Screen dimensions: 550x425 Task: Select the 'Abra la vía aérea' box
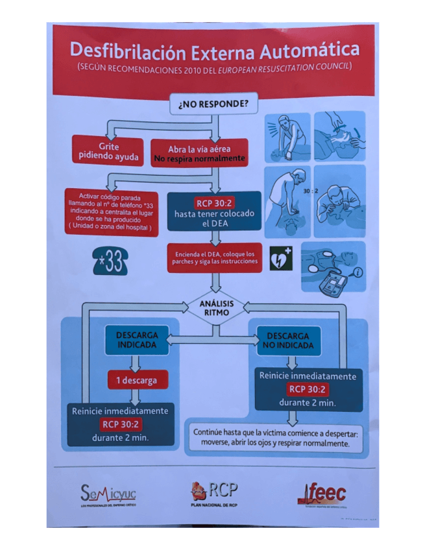[199, 153]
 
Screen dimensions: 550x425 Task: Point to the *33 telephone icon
[110, 261]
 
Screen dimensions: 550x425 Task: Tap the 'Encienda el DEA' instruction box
[214, 257]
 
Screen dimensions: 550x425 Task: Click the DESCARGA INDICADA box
[137, 340]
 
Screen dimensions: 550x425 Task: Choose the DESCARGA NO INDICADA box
[288, 340]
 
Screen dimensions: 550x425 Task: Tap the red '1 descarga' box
[137, 380]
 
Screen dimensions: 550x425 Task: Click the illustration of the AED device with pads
[333, 267]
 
